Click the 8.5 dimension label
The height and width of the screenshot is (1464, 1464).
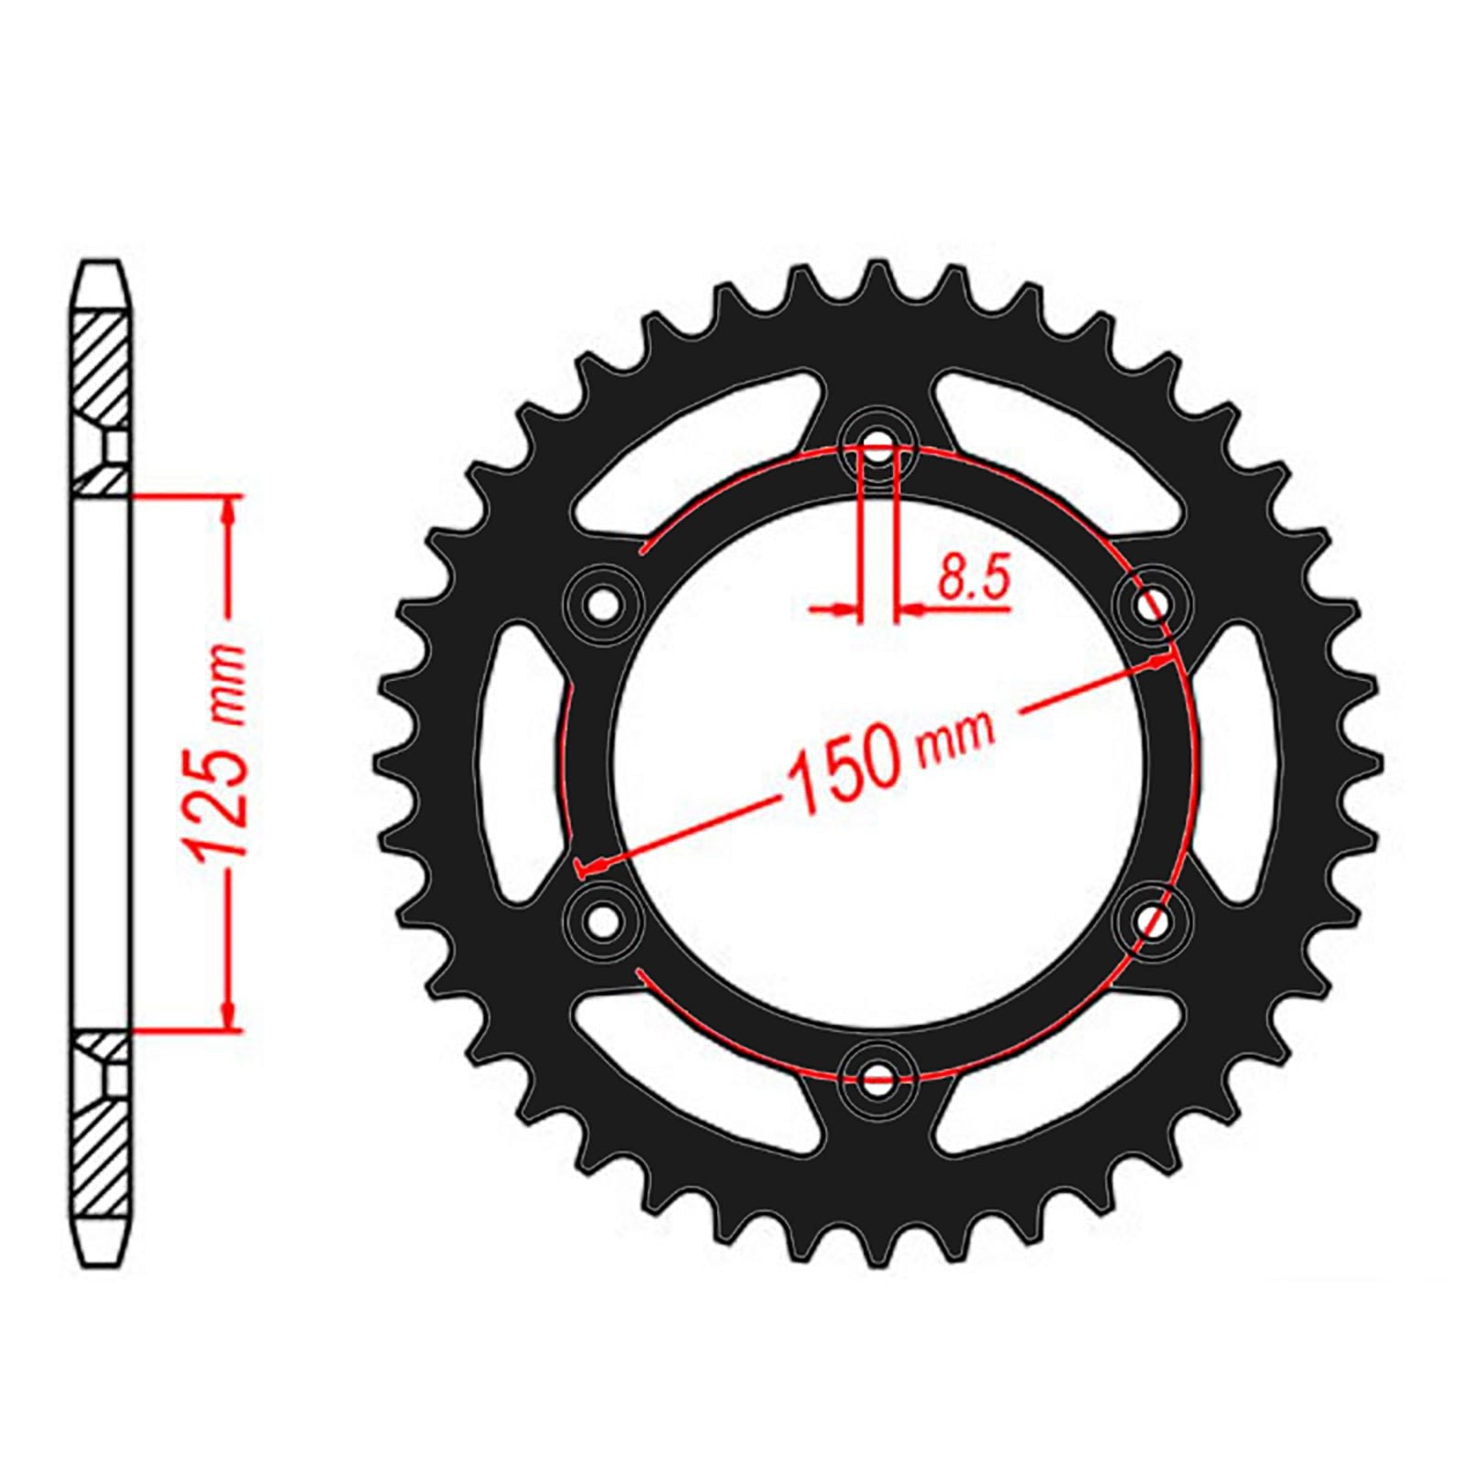coord(973,579)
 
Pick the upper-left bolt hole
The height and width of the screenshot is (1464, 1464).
coord(601,605)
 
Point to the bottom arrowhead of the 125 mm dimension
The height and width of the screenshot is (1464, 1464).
coord(228,1017)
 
